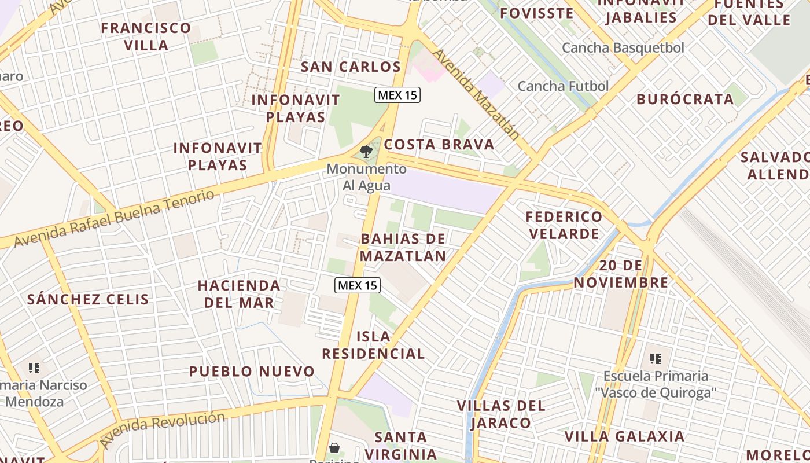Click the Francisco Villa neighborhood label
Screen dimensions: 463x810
146,36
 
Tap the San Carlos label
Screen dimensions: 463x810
351,67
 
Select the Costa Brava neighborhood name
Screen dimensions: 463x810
439,144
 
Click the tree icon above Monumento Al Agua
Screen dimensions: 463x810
366,152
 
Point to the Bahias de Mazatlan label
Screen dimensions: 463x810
403,247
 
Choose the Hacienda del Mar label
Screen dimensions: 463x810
238,293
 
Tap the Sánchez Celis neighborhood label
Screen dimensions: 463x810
88,299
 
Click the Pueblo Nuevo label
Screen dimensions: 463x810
252,371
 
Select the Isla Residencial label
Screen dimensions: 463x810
373,345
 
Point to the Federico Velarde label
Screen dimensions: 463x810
564,225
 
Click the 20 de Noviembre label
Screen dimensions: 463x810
634,274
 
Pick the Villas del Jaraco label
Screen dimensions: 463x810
501,414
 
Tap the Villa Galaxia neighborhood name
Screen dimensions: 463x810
624,436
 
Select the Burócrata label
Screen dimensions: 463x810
685,99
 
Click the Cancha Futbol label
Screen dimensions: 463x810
563,86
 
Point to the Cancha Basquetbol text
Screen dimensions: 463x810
623,47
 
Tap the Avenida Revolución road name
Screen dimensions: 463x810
161,429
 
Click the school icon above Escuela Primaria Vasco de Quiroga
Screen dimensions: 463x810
655,359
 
